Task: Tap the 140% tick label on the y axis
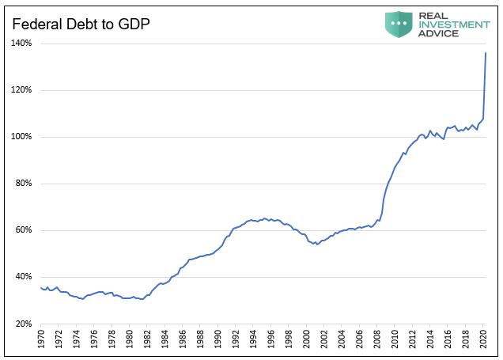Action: coord(21,43)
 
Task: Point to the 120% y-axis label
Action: coord(21,90)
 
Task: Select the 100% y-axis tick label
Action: coord(21,137)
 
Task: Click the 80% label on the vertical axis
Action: coord(23,184)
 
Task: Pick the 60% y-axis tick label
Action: coord(23,230)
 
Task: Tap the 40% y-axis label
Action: coord(23,277)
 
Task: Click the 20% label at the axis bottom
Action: coord(23,324)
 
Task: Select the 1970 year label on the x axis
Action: coord(41,340)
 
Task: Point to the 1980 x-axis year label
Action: coord(130,340)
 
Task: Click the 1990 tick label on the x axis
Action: coord(218,340)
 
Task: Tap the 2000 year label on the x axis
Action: coord(307,340)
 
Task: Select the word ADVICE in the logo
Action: coord(440,33)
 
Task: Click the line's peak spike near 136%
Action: coord(486,53)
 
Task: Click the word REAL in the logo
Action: coord(435,14)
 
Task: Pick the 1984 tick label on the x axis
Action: coord(165,340)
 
